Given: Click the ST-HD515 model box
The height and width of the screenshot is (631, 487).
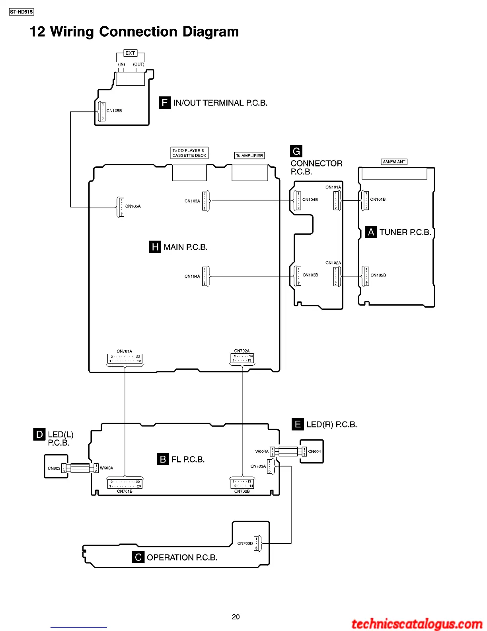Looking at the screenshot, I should coord(21,12).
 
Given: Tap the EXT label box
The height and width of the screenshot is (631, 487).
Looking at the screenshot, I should coord(130,53).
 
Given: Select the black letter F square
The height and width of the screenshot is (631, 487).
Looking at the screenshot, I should coord(165,103).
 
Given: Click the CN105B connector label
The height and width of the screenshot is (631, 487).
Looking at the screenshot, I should coord(114,111).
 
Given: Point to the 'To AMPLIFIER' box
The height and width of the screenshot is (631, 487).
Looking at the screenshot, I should coord(249,155).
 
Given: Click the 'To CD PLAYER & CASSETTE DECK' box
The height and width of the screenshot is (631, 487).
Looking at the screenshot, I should coord(189,153).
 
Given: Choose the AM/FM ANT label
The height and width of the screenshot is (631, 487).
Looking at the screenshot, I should coord(394,162).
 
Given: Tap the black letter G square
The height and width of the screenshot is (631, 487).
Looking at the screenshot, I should coord(296,151).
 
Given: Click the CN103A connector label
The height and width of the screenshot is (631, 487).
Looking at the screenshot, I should coord(192,201).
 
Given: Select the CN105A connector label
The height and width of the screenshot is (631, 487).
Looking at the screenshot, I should coord(133,206).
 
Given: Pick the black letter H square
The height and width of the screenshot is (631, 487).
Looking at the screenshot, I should coord(155,247).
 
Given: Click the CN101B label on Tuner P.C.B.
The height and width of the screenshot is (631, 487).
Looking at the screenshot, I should coord(378,200).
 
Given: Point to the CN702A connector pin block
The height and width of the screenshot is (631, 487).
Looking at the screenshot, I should coord(242,359).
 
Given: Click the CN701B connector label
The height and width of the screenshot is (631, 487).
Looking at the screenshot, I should coord(125,491).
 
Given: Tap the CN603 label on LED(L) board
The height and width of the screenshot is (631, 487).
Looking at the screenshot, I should coord(54,468).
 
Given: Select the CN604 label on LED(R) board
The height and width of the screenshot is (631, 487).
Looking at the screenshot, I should coord(314,451).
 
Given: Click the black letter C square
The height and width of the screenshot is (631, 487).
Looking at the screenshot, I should coord(138,557).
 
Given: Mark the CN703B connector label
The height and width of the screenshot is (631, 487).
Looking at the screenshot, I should coord(245,543).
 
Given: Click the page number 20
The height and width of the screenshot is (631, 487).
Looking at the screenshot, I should coord(236,617).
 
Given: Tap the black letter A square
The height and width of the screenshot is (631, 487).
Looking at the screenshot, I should coord(371,232).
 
